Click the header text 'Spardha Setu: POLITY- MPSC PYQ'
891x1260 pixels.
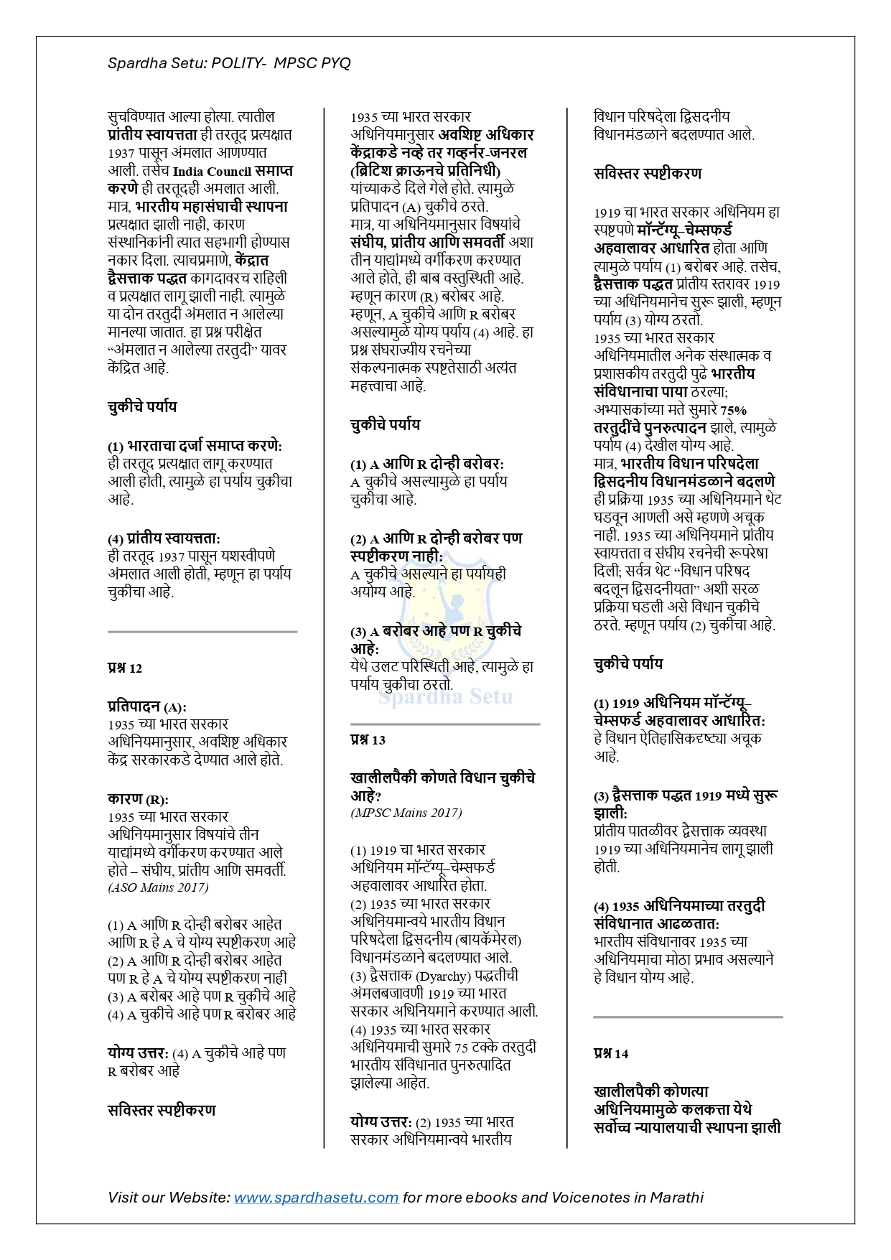(x=229, y=63)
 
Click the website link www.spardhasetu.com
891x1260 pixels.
(x=316, y=1197)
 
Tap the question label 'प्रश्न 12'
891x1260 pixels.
(x=125, y=668)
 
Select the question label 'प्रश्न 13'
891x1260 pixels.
(x=368, y=740)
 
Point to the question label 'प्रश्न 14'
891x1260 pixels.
(x=611, y=1054)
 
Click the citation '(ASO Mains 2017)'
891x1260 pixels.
(x=159, y=887)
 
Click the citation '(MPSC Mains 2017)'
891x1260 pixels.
(x=406, y=813)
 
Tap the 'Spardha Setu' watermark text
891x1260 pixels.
(x=445, y=696)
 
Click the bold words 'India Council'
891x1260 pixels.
(x=212, y=172)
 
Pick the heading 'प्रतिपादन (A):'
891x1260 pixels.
(x=147, y=706)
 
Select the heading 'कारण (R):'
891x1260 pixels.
(x=138, y=799)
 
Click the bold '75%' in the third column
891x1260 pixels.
(x=733, y=410)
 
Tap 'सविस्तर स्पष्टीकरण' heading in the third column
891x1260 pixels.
(x=648, y=174)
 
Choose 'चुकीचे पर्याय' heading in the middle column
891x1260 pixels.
(x=386, y=425)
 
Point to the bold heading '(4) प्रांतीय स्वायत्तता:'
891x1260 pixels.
(x=164, y=538)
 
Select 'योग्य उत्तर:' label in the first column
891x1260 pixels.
(x=138, y=1053)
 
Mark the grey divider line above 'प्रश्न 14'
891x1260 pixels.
(x=688, y=1017)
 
